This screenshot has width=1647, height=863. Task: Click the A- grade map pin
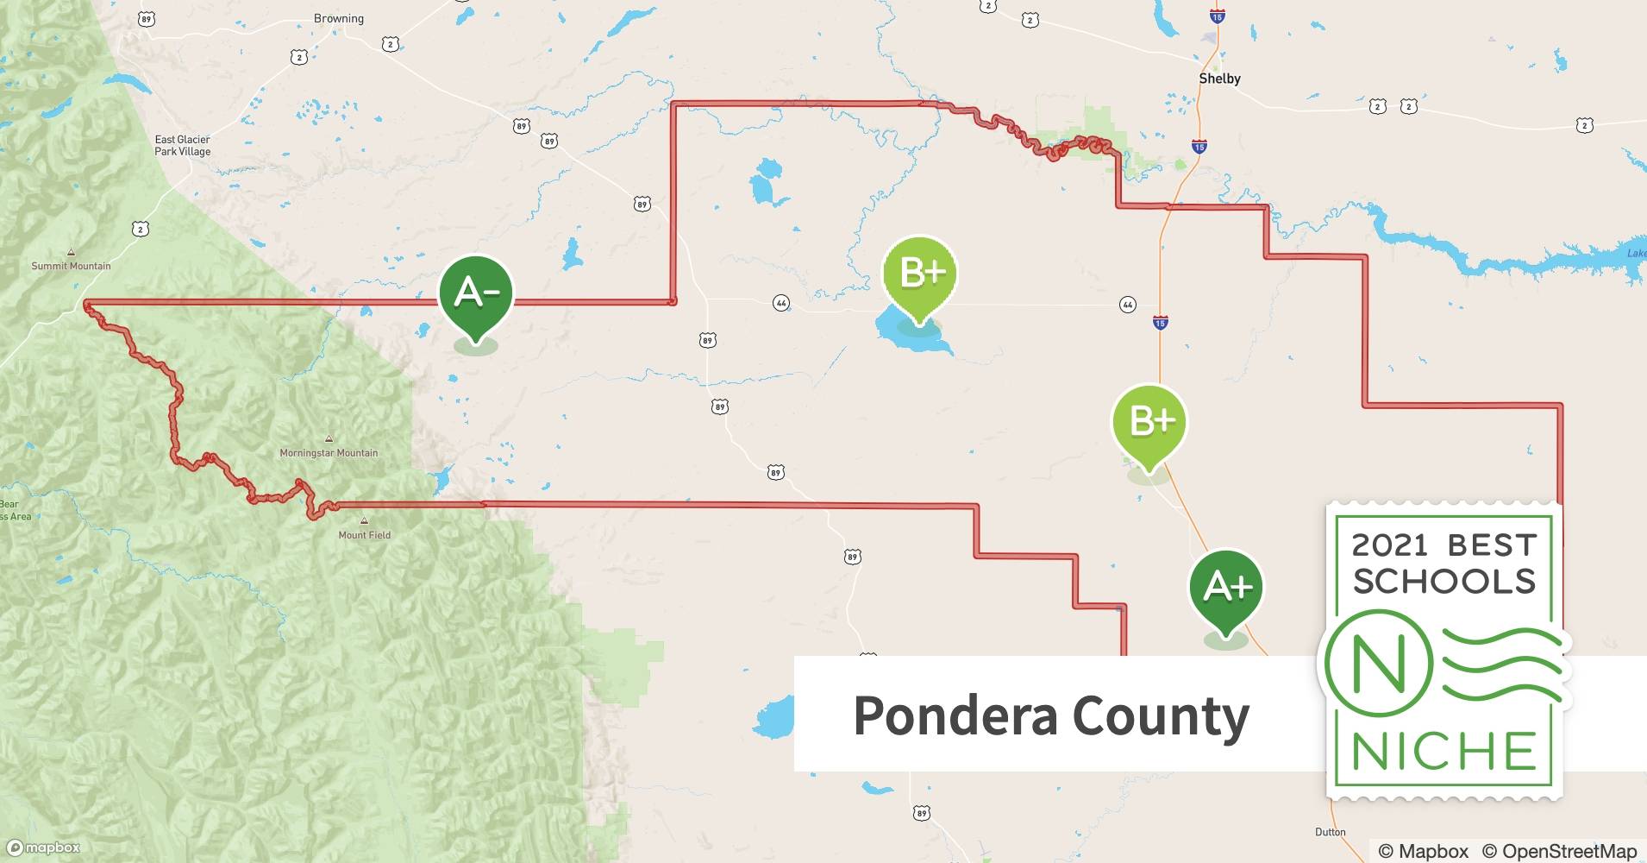click(x=475, y=294)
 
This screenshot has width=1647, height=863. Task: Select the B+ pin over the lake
click(x=920, y=274)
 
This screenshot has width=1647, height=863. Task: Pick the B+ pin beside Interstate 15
click(x=1149, y=423)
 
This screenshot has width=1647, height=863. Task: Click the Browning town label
click(x=339, y=19)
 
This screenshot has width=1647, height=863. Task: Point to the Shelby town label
click(x=1219, y=79)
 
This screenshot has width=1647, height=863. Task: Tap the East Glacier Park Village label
click(x=182, y=145)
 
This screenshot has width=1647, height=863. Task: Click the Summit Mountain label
click(x=71, y=266)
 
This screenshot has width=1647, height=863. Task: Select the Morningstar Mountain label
click(x=329, y=453)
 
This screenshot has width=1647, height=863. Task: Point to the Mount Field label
click(x=364, y=535)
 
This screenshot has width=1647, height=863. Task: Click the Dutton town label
click(x=1330, y=832)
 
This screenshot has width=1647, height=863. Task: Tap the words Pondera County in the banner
click(x=1050, y=715)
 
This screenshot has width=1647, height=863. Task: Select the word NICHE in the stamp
click(x=1443, y=752)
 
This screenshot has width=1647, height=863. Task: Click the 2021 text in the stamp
click(x=1389, y=545)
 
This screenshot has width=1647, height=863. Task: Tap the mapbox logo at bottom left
click(x=44, y=847)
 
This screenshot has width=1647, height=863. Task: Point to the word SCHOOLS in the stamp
click(x=1444, y=582)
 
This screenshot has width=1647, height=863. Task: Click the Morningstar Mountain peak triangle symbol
click(x=328, y=439)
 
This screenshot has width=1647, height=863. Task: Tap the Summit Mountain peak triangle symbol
click(x=71, y=253)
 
